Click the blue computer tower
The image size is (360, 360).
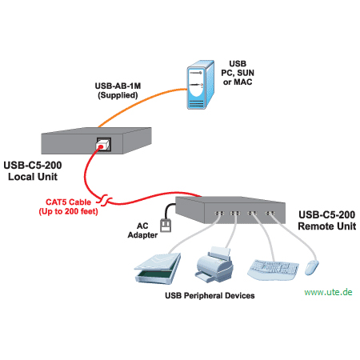pyautogui.click(x=200, y=85)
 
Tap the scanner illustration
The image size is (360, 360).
pyautogui.click(x=158, y=268)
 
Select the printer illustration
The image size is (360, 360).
pyautogui.click(x=214, y=265)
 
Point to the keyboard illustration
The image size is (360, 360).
pyautogui.click(x=273, y=270)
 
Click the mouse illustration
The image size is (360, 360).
pyautogui.click(x=311, y=267)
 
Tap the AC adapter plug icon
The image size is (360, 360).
pyautogui.click(x=166, y=226)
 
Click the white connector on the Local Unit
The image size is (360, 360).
pyautogui.click(x=102, y=146)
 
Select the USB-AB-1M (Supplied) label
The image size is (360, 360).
pyautogui.click(x=118, y=90)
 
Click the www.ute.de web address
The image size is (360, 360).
pyautogui.click(x=328, y=292)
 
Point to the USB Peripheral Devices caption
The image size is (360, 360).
pyautogui.click(x=210, y=296)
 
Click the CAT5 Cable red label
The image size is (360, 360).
pyautogui.click(x=68, y=206)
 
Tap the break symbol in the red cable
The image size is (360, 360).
pyautogui.click(x=104, y=200)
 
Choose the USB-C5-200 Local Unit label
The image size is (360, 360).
pyautogui.click(x=33, y=171)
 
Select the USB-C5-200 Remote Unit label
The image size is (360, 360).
pyautogui.click(x=327, y=221)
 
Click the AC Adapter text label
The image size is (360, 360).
pyautogui.click(x=142, y=230)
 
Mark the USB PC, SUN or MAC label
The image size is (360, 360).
pyautogui.click(x=238, y=73)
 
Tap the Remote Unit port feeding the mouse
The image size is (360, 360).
pyautogui.click(x=270, y=214)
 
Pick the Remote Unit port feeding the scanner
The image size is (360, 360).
pyautogui.click(x=219, y=214)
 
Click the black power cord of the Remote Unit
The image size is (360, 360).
pyautogui.click(x=167, y=210)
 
